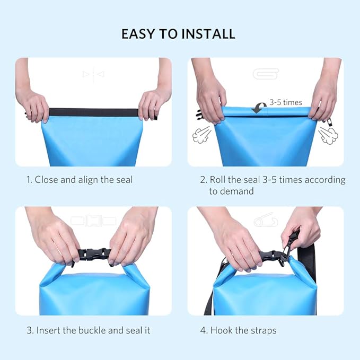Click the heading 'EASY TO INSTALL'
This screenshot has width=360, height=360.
(178, 34)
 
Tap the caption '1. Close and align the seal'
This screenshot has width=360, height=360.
(80, 180)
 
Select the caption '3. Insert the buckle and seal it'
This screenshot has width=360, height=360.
(89, 330)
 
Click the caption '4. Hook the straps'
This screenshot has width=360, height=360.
(238, 330)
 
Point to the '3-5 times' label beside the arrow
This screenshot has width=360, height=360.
(286, 102)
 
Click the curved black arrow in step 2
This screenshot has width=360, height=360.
(259, 108)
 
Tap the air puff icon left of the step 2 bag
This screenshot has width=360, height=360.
(201, 135)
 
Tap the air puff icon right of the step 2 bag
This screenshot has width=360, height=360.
(328, 135)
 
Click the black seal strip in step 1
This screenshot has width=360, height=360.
(93, 112)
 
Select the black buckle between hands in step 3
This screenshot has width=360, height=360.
(94, 254)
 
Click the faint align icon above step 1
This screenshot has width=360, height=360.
(93, 75)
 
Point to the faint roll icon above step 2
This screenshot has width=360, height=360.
(266, 74)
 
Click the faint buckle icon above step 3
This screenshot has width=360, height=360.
(93, 221)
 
